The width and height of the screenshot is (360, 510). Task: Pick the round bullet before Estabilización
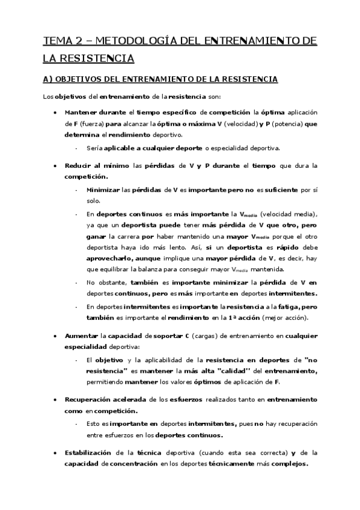coord(55,453)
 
